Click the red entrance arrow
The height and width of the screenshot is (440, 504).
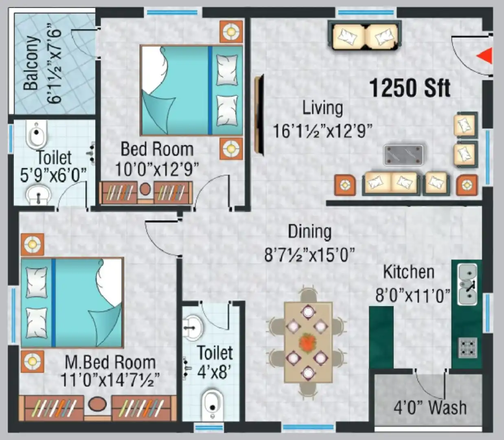pyautogui.click(x=485, y=56)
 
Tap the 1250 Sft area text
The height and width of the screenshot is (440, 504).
pyautogui.click(x=410, y=88)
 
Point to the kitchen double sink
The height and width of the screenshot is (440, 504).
pyautogui.click(x=467, y=284)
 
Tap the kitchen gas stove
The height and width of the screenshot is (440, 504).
pyautogui.click(x=467, y=348)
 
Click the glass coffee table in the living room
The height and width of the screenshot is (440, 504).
pyautogui.click(x=403, y=155)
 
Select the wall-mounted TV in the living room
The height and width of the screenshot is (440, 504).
pyautogui.click(x=259, y=115)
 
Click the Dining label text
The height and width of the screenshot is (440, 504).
pyautogui.click(x=310, y=231)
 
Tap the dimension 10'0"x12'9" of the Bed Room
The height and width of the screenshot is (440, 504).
pyautogui.click(x=157, y=169)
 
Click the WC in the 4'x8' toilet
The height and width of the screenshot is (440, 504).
pyautogui.click(x=213, y=404)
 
